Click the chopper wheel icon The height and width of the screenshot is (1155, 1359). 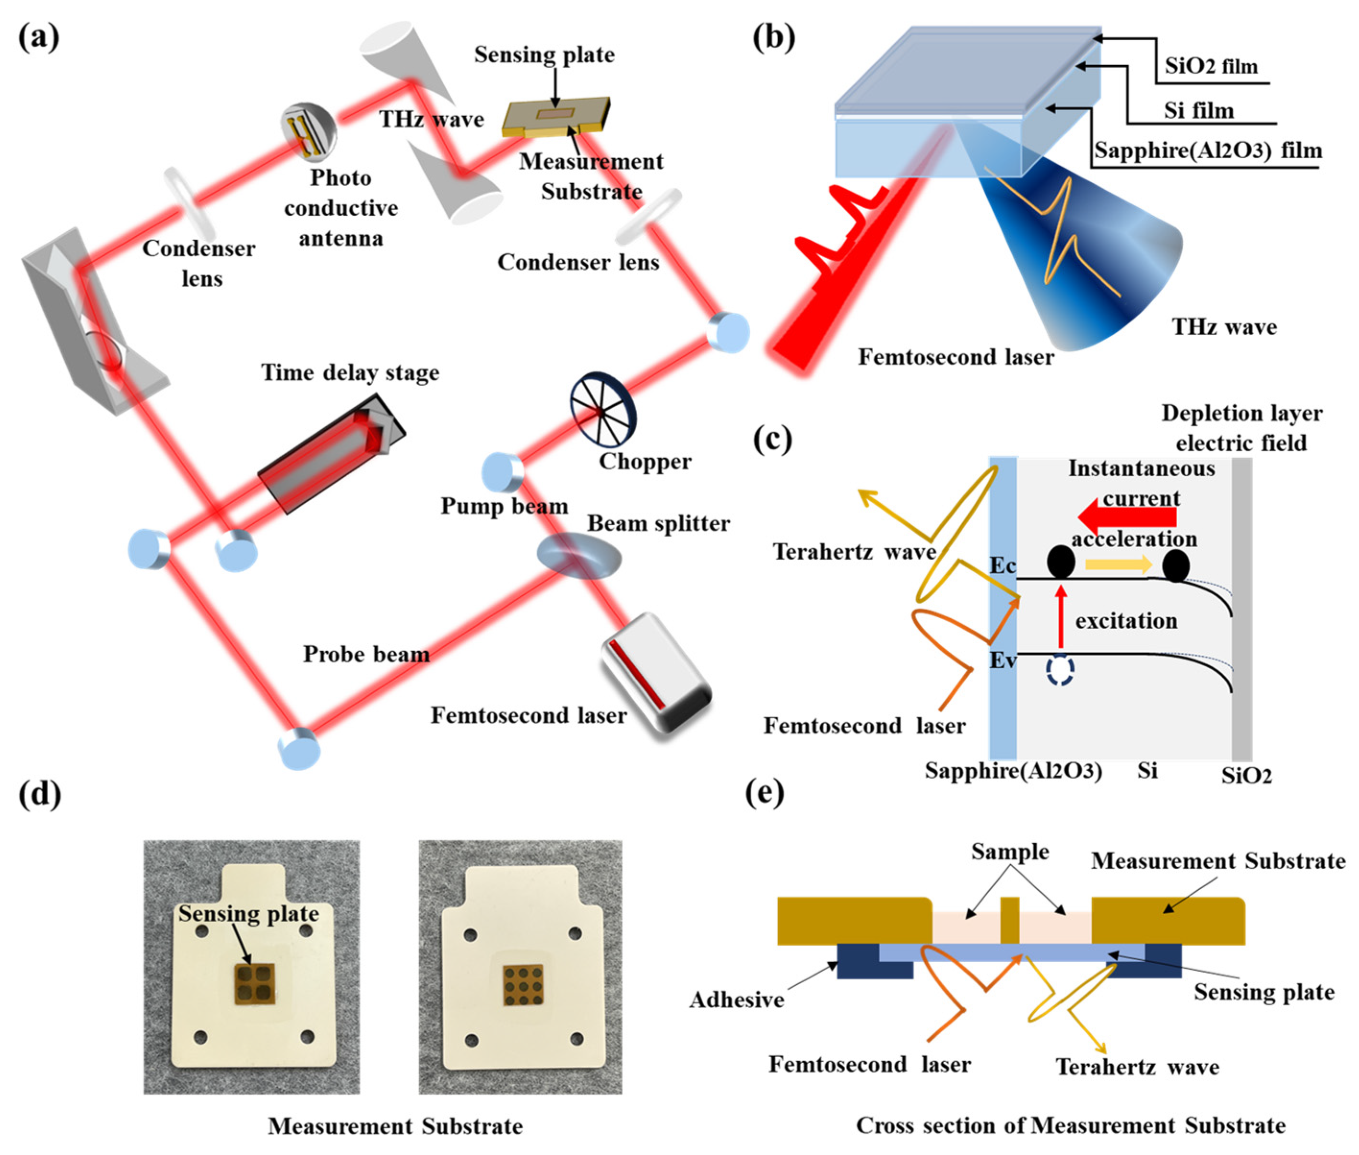(601, 411)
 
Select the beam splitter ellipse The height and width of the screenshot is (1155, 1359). (579, 556)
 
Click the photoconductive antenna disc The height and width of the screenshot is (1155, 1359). (309, 129)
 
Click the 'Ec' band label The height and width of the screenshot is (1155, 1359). (1003, 565)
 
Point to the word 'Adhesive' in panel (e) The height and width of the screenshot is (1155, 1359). (736, 999)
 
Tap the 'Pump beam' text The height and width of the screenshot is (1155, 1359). (504, 506)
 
